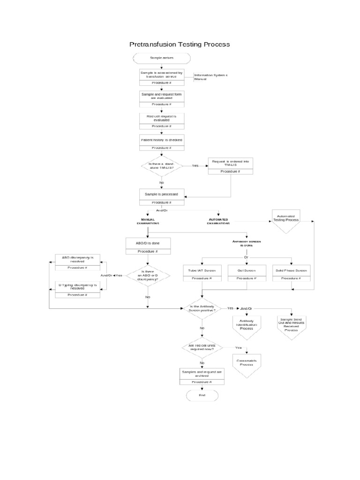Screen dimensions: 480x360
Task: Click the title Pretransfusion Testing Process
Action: (x=180, y=45)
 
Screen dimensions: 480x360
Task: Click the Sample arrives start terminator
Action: (x=162, y=58)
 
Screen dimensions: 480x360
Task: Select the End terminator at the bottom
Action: (x=202, y=396)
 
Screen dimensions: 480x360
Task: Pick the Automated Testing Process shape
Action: (x=286, y=221)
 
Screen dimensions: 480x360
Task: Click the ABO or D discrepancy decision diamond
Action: (x=148, y=276)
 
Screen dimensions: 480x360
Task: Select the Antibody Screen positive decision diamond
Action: (x=202, y=308)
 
